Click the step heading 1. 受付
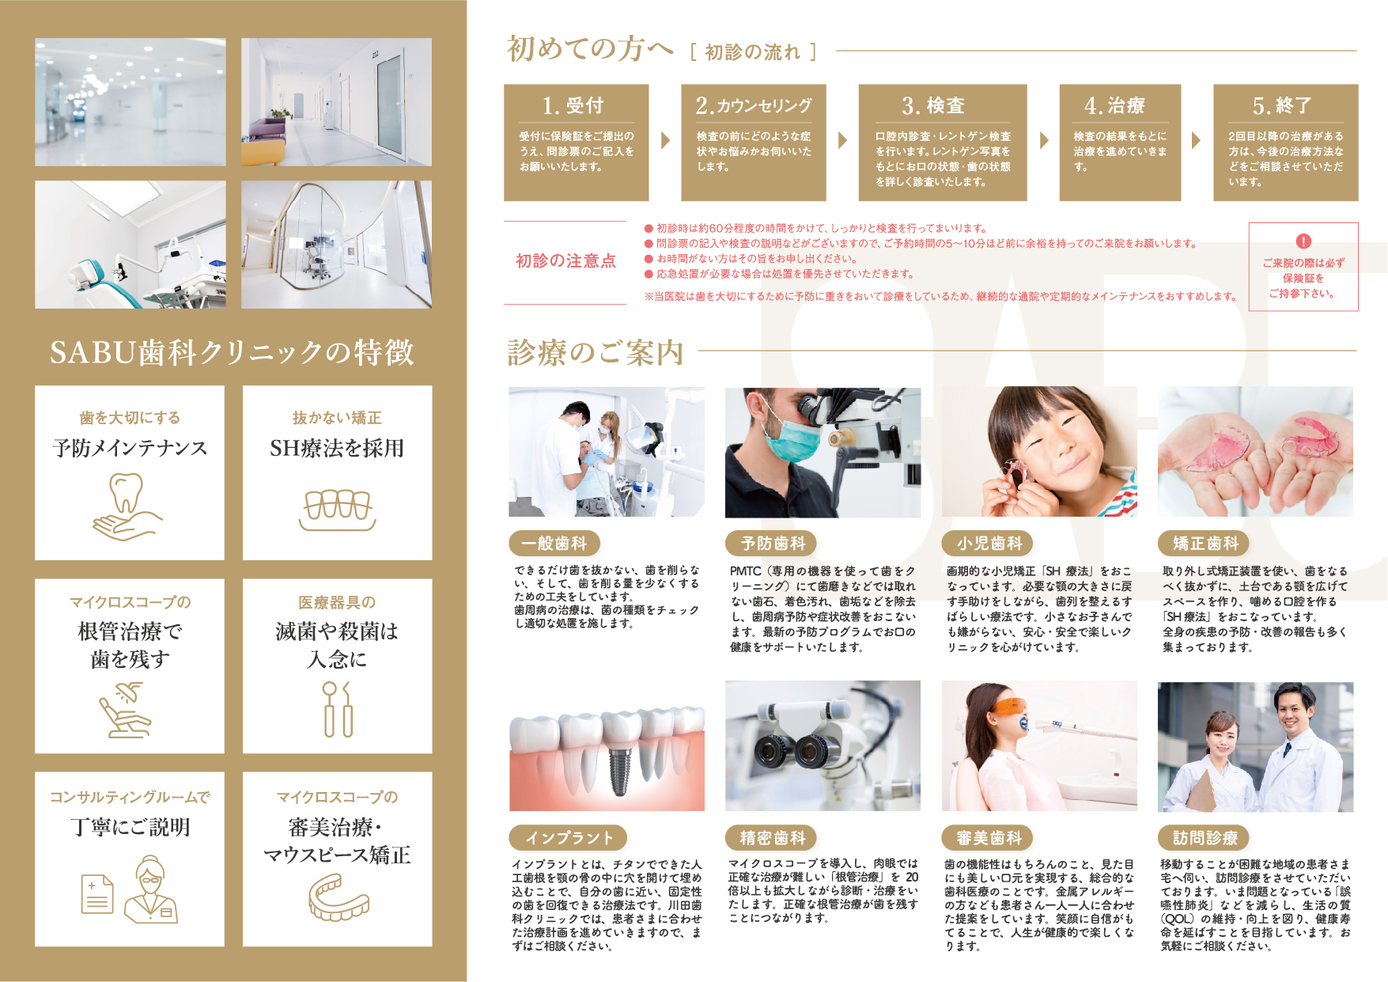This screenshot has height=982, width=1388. (x=573, y=105)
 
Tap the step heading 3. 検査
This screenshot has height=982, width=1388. (x=933, y=105)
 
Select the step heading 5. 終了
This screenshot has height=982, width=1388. (x=1282, y=105)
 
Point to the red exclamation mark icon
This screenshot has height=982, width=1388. (x=1303, y=241)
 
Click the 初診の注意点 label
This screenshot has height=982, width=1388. (x=565, y=261)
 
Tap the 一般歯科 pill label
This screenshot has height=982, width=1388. (x=554, y=543)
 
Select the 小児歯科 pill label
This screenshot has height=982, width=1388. (x=989, y=543)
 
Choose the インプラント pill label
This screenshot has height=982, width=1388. (x=569, y=837)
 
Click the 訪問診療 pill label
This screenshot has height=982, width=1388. (x=1205, y=837)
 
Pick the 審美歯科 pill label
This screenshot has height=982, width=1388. (x=989, y=837)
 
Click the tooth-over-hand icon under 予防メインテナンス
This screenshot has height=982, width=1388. (x=127, y=507)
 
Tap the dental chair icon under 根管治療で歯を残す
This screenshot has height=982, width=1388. (x=125, y=711)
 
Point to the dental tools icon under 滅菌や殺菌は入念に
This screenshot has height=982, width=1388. (x=338, y=709)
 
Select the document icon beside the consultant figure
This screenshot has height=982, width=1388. (x=97, y=893)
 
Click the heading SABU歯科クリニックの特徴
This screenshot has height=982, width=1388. (x=232, y=352)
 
